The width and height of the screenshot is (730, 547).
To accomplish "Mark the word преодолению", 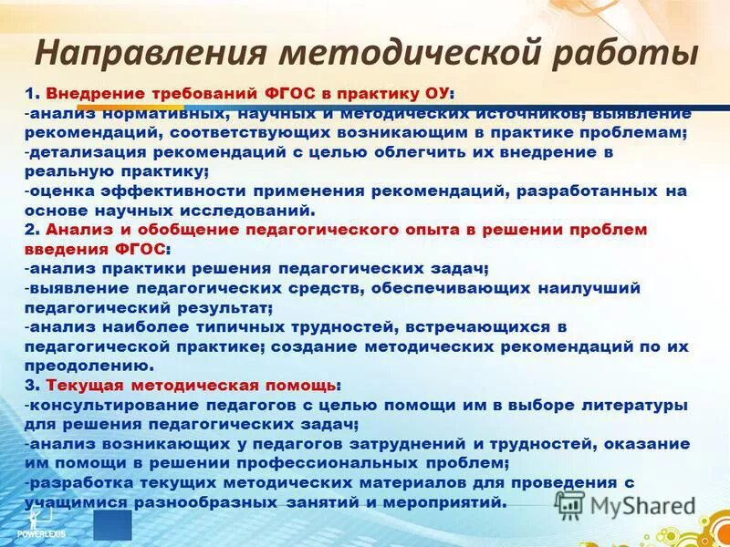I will [75, 366].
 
